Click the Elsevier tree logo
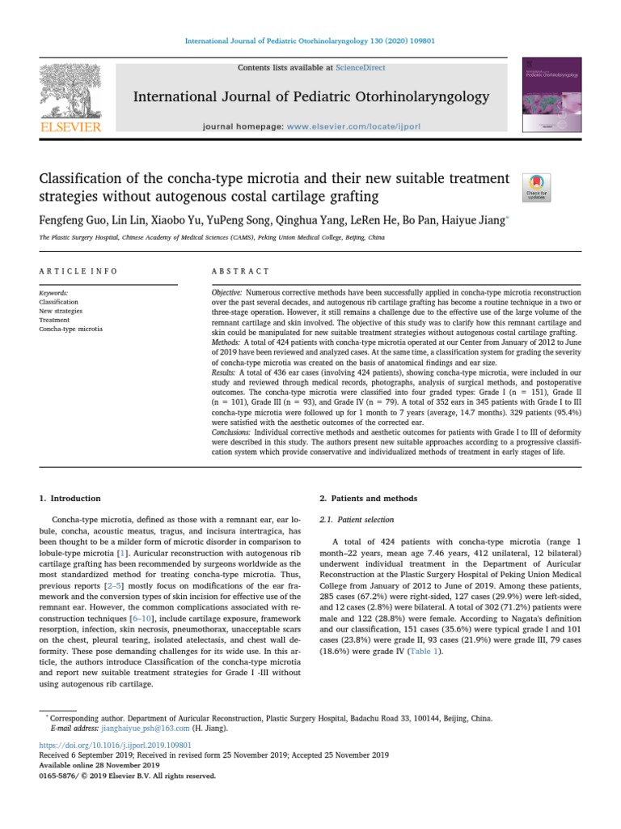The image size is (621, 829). pos(71,92)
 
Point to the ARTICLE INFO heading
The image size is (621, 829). pos(78,271)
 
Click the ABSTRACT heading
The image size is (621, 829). pos(240,271)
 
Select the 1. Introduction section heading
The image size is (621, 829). pos(70,498)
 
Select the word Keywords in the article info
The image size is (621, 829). pos(53,292)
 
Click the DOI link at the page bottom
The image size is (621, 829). pos(115,743)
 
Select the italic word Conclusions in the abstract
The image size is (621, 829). pos(230,432)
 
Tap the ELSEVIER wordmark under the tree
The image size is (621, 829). pos(71,127)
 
